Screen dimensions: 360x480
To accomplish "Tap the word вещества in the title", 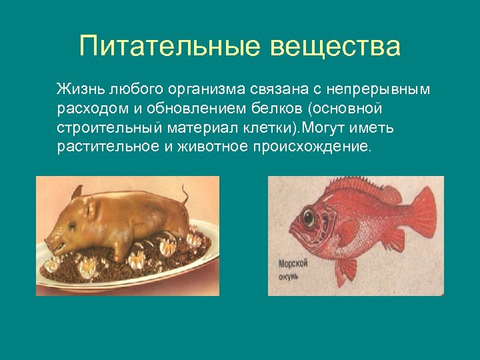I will click(x=336, y=47).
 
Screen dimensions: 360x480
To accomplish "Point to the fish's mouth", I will click(x=293, y=229).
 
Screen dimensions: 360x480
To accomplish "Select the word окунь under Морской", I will click(x=289, y=275).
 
